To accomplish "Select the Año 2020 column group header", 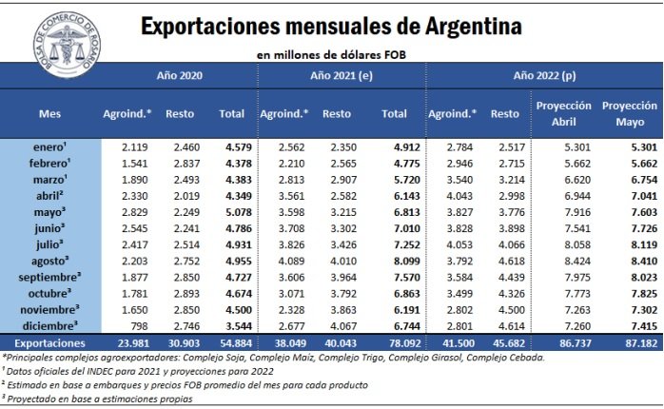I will (179, 73).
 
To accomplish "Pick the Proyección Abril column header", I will (564, 113).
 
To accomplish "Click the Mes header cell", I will (49, 113).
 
